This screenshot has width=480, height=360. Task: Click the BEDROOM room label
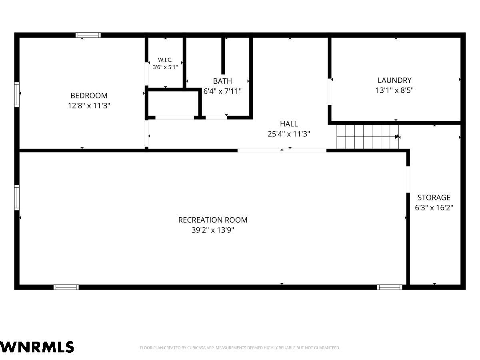pyautogui.click(x=89, y=96)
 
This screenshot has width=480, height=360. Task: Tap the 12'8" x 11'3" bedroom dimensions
pyautogui.click(x=89, y=106)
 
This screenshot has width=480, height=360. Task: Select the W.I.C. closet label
pyautogui.click(x=165, y=60)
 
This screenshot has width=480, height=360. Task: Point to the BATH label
pyautogui.click(x=222, y=81)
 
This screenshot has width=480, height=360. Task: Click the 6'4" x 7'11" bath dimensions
pyautogui.click(x=222, y=91)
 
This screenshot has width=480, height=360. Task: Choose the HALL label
pyautogui.click(x=289, y=124)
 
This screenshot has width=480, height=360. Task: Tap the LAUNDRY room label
pyautogui.click(x=394, y=80)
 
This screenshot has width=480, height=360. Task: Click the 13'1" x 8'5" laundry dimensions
pyautogui.click(x=394, y=90)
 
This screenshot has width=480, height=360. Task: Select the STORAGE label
pyautogui.click(x=434, y=197)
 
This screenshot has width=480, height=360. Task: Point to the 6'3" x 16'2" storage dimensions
pyautogui.click(x=434, y=208)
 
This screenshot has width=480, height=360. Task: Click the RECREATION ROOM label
pyautogui.click(x=213, y=220)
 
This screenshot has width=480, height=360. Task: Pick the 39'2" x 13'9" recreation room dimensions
pyautogui.click(x=213, y=230)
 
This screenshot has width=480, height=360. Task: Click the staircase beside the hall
pyautogui.click(x=368, y=137)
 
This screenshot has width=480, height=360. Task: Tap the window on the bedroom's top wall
pyautogui.click(x=88, y=35)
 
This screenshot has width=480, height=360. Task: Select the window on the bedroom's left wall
pyautogui.click(x=17, y=95)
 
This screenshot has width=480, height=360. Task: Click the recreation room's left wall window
pyautogui.click(x=17, y=198)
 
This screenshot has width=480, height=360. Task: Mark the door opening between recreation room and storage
pyautogui.click(x=408, y=180)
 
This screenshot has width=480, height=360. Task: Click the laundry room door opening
pyautogui.click(x=329, y=92)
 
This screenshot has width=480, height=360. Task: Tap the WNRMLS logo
pyautogui.click(x=37, y=347)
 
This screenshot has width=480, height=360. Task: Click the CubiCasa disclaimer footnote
pyautogui.click(x=240, y=348)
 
